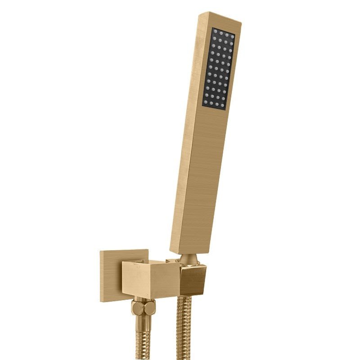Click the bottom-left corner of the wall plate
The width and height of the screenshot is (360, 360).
click(101, 301)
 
